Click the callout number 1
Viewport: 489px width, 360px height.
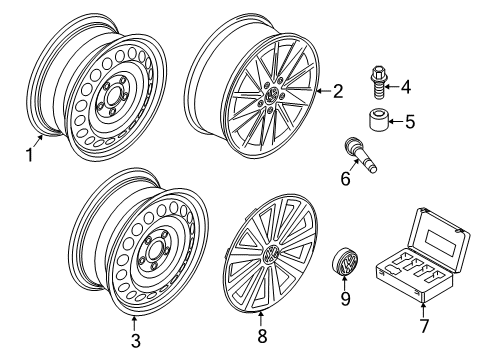point(30,155)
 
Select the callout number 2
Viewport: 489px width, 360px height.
point(338,91)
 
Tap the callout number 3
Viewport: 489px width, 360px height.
point(135,341)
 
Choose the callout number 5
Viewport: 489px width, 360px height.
point(410,121)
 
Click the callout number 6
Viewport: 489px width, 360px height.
point(345,178)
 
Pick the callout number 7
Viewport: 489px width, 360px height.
point(423,326)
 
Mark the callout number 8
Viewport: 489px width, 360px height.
point(262,336)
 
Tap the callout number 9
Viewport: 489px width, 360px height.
point(345,298)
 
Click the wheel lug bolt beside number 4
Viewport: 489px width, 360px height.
point(377,82)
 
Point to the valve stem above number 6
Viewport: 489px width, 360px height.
point(360,155)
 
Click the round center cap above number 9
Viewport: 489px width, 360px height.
point(344,261)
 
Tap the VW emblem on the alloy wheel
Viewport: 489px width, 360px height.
point(272,94)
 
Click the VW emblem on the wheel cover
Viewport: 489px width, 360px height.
point(270,255)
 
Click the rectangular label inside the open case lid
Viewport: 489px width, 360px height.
point(440,239)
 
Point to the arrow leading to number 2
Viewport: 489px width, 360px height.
point(324,91)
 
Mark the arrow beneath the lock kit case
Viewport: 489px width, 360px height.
point(423,309)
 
